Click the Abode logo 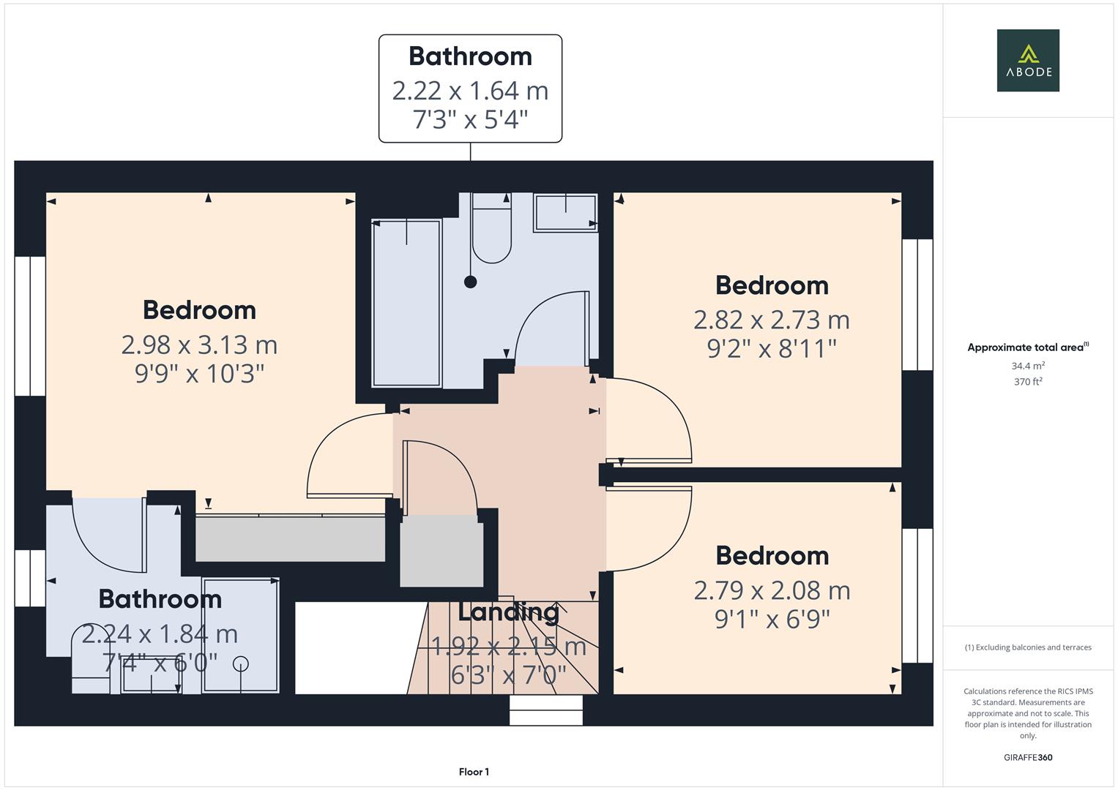pyautogui.click(x=1027, y=60)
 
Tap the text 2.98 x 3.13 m pyautogui.click(x=199, y=345)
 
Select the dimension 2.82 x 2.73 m pyautogui.click(x=771, y=320)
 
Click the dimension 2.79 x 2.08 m pyautogui.click(x=772, y=590)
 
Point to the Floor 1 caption pyautogui.click(x=474, y=772)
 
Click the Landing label pyautogui.click(x=508, y=612)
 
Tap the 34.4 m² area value pyautogui.click(x=1027, y=366)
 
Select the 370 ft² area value pyautogui.click(x=1027, y=382)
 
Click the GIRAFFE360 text pyautogui.click(x=1027, y=758)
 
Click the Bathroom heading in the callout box pyautogui.click(x=470, y=56)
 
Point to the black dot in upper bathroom pyautogui.click(x=471, y=282)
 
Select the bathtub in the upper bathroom pyautogui.click(x=406, y=302)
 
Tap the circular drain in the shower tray pyautogui.click(x=241, y=663)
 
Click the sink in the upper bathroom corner pyautogui.click(x=565, y=212)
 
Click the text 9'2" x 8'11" pyautogui.click(x=771, y=349)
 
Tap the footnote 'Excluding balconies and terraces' pyautogui.click(x=1027, y=647)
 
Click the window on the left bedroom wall pyautogui.click(x=30, y=326)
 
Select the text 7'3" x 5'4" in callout pyautogui.click(x=470, y=119)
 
